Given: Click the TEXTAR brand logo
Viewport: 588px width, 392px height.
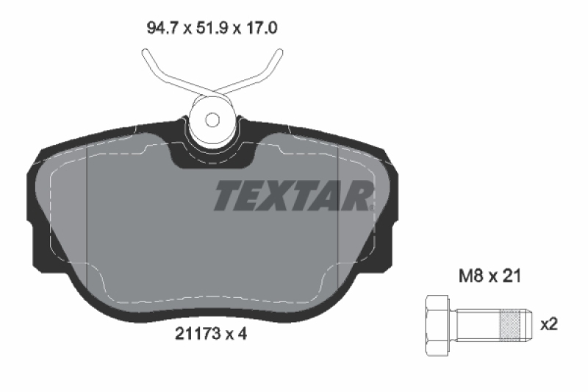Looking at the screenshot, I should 293,196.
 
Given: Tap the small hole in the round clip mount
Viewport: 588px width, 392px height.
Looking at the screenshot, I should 212,120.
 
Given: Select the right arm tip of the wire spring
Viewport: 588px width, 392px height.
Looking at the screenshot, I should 279,50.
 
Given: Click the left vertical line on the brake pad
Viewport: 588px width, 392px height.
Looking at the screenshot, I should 87,221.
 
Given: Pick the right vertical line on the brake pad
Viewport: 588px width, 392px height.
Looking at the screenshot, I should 337,221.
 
